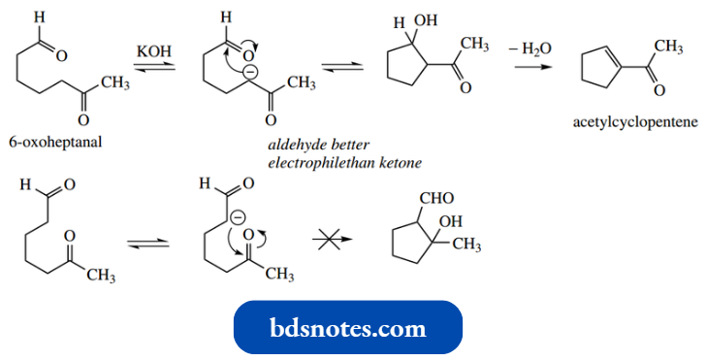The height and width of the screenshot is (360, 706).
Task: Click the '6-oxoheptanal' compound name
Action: [54, 143]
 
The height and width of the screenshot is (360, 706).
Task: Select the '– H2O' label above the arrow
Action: [532, 49]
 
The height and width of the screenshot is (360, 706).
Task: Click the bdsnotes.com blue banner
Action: [349, 328]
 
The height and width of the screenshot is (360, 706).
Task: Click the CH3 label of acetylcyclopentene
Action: [669, 47]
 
